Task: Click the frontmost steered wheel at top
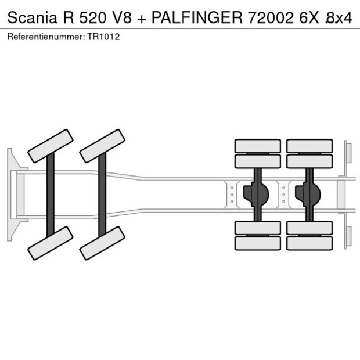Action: [51, 146]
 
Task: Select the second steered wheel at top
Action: [103, 146]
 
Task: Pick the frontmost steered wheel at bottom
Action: [51, 243]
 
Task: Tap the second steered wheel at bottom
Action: [103, 243]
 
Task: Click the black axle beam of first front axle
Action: [51, 195]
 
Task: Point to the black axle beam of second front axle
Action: [102, 195]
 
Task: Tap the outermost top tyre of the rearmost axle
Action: [309, 146]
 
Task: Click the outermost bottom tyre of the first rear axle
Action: [257, 243]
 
